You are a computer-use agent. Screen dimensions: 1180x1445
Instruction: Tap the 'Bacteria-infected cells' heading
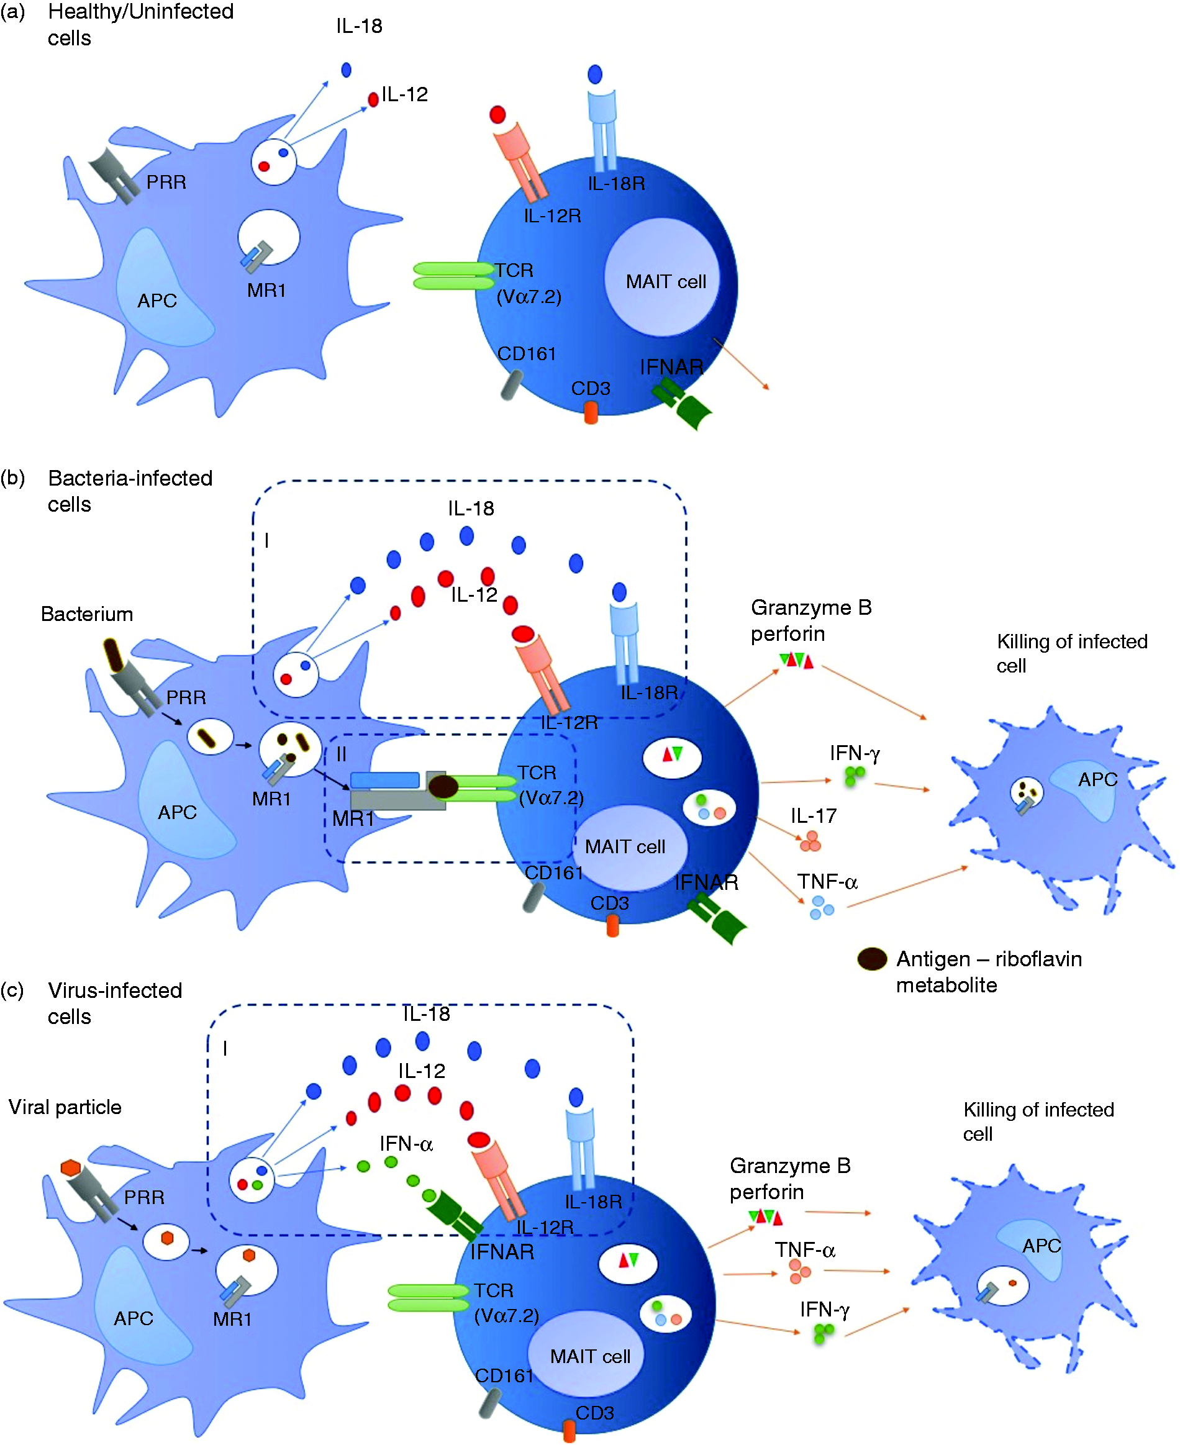click(x=130, y=491)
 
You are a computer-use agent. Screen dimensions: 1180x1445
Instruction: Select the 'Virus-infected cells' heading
click(x=114, y=1003)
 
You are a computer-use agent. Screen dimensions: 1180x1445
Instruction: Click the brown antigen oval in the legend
click(x=872, y=959)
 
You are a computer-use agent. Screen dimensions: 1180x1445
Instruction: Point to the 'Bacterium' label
click(x=87, y=614)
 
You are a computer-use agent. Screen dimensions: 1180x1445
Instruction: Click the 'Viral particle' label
click(x=65, y=1107)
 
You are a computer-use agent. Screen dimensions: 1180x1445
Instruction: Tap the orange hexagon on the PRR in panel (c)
click(x=71, y=1169)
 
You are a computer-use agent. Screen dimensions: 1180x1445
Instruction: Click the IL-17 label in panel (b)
click(x=814, y=815)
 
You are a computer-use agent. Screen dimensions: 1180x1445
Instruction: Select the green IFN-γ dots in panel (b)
click(x=854, y=776)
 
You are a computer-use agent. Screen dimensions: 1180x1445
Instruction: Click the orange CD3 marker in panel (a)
click(x=591, y=412)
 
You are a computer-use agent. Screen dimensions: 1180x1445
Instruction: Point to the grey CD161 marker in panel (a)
click(x=512, y=385)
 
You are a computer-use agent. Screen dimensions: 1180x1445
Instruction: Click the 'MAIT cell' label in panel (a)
click(x=666, y=281)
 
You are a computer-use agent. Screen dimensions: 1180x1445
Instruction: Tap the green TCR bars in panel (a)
click(x=453, y=276)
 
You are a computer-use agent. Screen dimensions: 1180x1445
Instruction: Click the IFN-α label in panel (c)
click(x=406, y=1143)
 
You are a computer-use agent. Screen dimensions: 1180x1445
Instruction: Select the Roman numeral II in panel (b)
click(x=341, y=754)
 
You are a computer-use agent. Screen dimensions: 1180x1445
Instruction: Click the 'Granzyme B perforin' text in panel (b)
click(x=811, y=620)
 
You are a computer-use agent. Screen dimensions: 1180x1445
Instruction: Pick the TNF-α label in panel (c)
click(x=805, y=1249)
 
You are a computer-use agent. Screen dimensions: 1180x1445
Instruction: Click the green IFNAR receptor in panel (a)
click(x=682, y=404)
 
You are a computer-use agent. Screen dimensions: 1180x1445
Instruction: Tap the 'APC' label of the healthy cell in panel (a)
click(x=157, y=301)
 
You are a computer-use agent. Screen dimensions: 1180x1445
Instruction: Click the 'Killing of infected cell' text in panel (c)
click(x=1038, y=1121)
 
